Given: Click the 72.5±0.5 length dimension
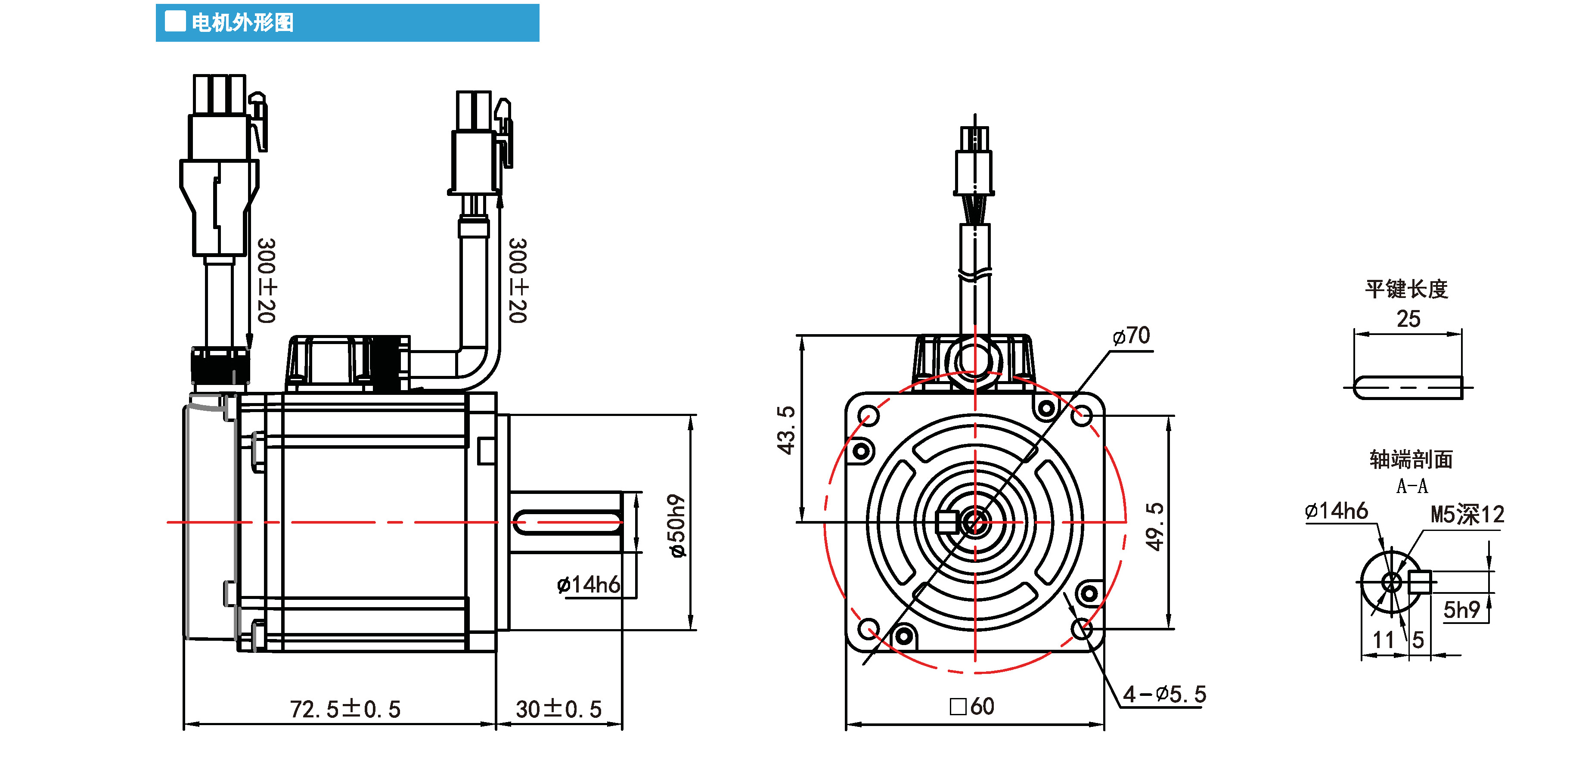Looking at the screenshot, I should click(x=345, y=709).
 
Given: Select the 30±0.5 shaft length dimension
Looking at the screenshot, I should click(x=558, y=709).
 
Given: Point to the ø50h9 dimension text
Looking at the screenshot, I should click(x=677, y=525).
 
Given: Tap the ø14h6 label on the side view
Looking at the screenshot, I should click(x=588, y=585).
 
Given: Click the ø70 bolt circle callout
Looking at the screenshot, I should click(x=1131, y=336).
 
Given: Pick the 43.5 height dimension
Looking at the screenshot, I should click(x=786, y=430).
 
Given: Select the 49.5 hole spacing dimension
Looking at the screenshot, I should click(x=1155, y=527).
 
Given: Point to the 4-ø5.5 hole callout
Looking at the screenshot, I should click(x=1165, y=695).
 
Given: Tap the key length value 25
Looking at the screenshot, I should click(x=1408, y=319).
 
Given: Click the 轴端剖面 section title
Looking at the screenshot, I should click(x=1411, y=459).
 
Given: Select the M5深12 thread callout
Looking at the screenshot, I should click(x=1467, y=514).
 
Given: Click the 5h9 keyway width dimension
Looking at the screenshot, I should click(x=1461, y=610).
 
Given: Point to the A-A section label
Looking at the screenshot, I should click(x=1411, y=486).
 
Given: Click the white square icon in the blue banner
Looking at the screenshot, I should click(x=175, y=22).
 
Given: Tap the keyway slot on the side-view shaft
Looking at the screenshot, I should click(x=567, y=522).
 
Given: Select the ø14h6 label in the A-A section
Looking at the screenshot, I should click(x=1336, y=511).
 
